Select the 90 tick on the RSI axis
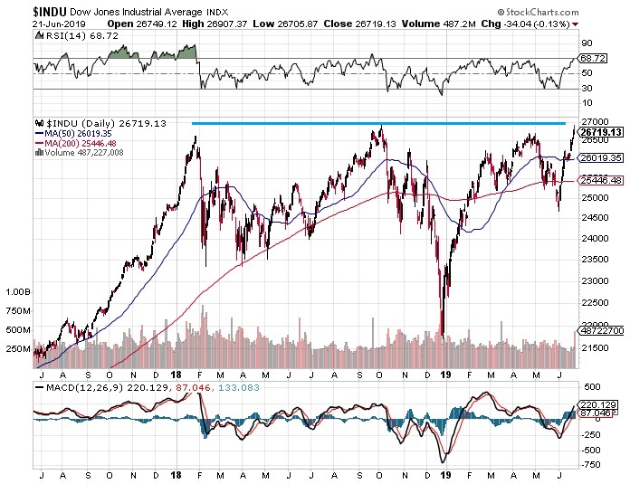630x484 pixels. point(585,43)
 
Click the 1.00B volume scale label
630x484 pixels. point(18,293)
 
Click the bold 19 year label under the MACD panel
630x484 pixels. point(444,473)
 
